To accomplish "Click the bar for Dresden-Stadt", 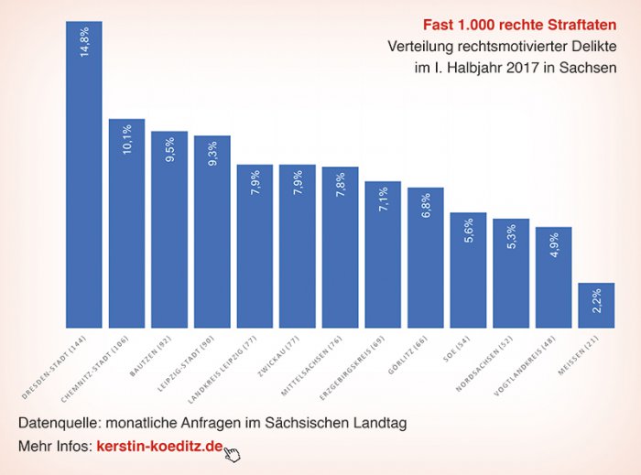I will click(x=83, y=174).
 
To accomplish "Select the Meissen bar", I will click(x=596, y=305).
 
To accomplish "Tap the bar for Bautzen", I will click(x=169, y=229).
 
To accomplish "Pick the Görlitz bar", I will click(x=426, y=257).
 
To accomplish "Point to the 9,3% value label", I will click(x=212, y=157).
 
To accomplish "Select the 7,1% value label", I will click(x=383, y=202).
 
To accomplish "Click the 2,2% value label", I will click(x=596, y=302).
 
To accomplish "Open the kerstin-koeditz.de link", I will click(x=159, y=447).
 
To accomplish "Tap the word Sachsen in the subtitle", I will click(x=587, y=68).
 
